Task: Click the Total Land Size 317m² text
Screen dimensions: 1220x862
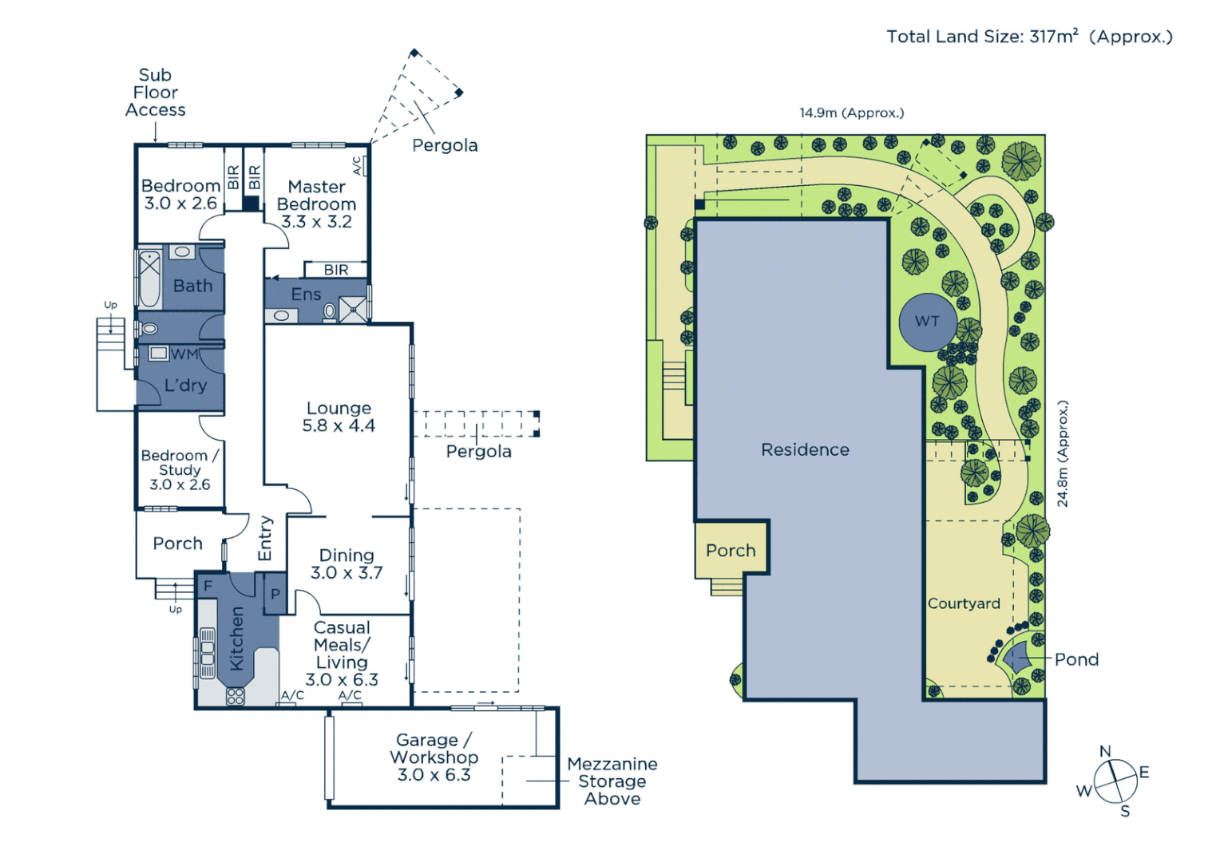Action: point(1029,37)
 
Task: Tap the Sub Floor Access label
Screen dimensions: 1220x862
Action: point(155,92)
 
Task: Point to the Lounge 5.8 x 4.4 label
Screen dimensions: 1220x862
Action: point(339,417)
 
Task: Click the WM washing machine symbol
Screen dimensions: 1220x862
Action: point(159,353)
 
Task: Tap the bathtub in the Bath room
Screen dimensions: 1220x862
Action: point(150,279)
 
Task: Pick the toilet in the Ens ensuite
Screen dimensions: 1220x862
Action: point(330,311)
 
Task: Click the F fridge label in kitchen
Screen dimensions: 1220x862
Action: point(208,587)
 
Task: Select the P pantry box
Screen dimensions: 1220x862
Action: point(275,594)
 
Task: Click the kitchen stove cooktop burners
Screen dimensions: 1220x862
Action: point(236,696)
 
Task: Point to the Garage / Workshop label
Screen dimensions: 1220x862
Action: point(434,757)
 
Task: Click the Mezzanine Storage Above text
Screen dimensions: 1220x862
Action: point(612,781)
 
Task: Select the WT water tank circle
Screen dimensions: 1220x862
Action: point(928,322)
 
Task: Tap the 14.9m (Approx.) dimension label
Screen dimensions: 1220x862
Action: point(852,113)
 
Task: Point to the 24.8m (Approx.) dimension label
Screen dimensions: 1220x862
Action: point(1063,453)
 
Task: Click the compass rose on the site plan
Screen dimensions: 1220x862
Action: point(1115,781)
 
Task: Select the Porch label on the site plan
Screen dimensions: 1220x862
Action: point(731,550)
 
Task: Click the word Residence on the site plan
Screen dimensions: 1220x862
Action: point(805,450)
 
